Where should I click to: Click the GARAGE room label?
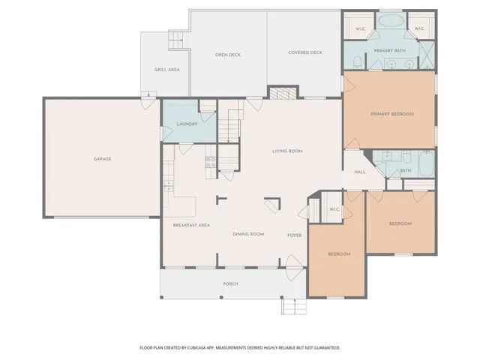coord(102,159)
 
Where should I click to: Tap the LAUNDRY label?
coord(186,124)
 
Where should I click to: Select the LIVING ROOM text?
coord(286,151)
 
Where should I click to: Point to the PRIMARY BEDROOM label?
coord(391,114)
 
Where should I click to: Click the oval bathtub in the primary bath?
coord(390,21)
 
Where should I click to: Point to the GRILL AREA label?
coord(166,70)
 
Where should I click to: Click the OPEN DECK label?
coord(227,55)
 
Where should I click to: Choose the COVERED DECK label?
coord(305,52)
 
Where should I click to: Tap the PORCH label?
coord(231,284)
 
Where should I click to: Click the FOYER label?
coord(294,235)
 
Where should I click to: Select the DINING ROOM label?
coord(248,235)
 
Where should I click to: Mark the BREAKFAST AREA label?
coord(190,225)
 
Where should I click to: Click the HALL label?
coord(360,172)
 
